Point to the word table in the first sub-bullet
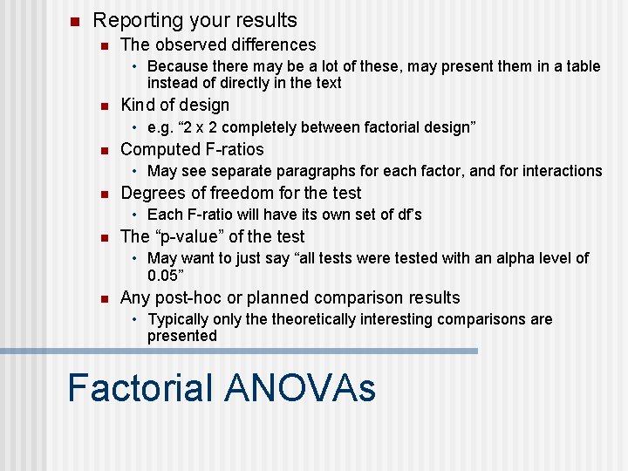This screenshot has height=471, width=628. [x=583, y=66]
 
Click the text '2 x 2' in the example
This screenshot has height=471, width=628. [x=198, y=127]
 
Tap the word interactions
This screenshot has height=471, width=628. [x=560, y=171]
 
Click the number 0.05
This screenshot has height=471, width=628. [x=163, y=276]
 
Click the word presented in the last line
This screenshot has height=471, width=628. [x=181, y=336]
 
